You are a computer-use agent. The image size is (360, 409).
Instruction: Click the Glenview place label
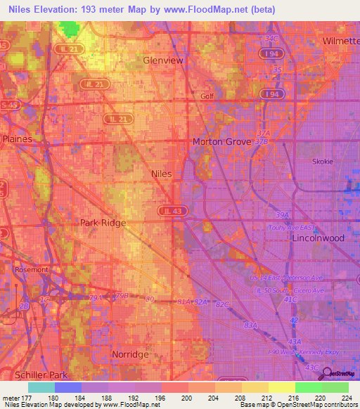[163, 60]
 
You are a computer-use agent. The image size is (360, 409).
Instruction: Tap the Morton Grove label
[221, 141]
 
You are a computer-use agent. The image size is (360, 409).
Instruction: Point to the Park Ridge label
[103, 223]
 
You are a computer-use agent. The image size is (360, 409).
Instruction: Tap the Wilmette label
[340, 41]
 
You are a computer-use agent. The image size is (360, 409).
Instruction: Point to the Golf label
[207, 96]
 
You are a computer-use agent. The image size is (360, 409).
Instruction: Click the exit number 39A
[283, 215]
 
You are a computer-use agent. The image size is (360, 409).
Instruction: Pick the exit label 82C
[223, 304]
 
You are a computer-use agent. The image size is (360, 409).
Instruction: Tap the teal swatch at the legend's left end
[41, 387]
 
